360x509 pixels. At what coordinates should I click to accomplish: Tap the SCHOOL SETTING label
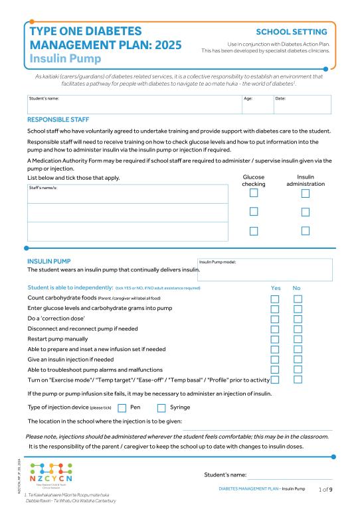[291, 32]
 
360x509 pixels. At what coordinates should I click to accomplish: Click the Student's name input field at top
[133, 105]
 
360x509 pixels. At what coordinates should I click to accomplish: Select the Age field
[257, 105]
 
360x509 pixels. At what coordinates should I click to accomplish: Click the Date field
[302, 105]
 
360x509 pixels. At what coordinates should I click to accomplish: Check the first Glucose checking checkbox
[254, 193]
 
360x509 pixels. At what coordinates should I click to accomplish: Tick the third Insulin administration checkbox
[306, 231]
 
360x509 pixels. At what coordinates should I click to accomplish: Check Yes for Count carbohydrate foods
[274, 299]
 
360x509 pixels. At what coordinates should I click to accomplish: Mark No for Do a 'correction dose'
[298, 319]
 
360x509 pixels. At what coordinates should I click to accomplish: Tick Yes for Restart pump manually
[274, 339]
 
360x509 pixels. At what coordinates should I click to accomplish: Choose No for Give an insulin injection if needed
[298, 359]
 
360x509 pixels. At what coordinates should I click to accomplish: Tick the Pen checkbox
[122, 407]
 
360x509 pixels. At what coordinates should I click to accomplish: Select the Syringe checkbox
[161, 407]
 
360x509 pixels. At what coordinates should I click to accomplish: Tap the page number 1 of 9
[325, 489]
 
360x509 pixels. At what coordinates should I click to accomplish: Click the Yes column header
[276, 288]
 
